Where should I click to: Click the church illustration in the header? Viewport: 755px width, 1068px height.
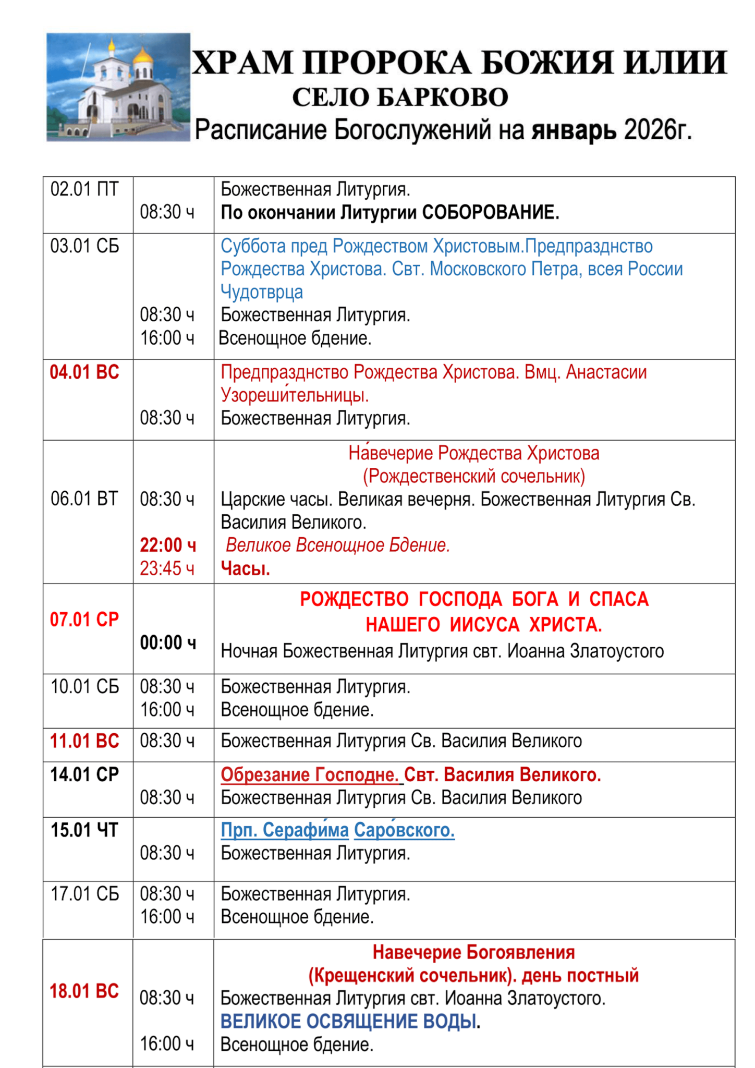point(118,87)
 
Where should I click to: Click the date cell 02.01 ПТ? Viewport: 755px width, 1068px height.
point(84,189)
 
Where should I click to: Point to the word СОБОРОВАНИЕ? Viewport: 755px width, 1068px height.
point(490,212)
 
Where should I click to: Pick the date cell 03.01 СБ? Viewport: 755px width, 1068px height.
point(84,246)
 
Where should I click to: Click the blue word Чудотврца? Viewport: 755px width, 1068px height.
point(262,292)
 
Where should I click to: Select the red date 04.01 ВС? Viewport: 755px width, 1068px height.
point(84,372)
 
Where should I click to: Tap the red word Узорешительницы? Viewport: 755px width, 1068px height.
point(295,395)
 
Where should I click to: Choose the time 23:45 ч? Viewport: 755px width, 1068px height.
point(167,568)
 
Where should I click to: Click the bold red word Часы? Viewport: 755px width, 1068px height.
point(246,568)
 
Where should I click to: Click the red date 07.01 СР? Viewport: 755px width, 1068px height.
point(84,620)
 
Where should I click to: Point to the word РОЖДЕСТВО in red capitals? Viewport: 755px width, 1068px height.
point(354,599)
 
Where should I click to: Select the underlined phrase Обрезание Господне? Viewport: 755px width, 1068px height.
point(310,775)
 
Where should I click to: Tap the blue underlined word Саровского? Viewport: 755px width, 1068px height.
point(404,830)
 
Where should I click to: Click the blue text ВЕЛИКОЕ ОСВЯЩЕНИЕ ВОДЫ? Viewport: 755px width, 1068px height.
point(349,1022)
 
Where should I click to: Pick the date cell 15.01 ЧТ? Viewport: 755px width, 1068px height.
point(84,830)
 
